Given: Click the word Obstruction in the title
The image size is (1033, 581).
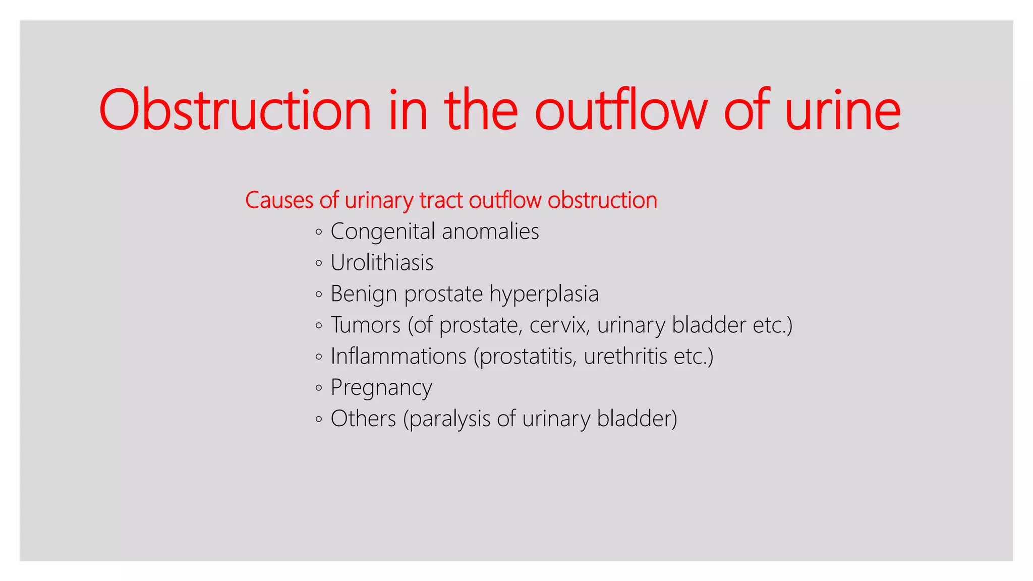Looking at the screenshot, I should [235, 110].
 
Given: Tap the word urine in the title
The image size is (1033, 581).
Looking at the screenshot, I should [842, 110].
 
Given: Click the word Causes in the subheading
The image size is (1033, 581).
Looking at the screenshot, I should [279, 200].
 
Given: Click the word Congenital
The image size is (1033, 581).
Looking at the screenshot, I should [382, 232].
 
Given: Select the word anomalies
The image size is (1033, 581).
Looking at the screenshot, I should [490, 232].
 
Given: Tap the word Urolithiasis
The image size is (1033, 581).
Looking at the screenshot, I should [382, 263].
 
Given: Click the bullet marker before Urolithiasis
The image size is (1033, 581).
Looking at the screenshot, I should [318, 263].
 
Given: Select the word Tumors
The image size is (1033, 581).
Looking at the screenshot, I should [365, 325].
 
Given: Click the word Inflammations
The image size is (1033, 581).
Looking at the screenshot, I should [398, 356].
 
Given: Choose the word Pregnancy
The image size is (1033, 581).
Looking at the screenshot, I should [381, 388].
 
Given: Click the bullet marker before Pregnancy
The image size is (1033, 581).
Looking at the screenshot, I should [318, 388].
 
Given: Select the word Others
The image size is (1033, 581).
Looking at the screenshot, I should [363, 419].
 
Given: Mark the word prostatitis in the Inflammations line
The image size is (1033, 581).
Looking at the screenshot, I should [525, 357].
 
